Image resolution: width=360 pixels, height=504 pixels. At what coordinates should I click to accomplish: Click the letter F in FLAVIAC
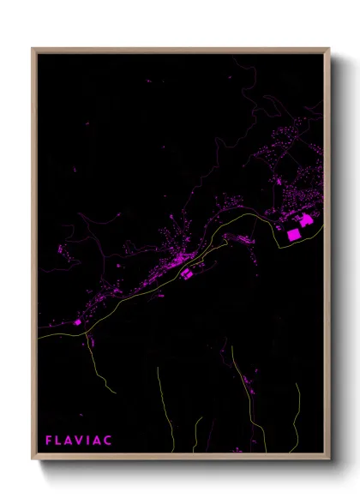pyautogui.click(x=48, y=441)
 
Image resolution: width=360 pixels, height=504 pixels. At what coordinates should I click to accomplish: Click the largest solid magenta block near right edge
pyautogui.click(x=294, y=233)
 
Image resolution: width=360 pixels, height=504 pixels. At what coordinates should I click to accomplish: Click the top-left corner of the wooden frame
pyautogui.click(x=33, y=49)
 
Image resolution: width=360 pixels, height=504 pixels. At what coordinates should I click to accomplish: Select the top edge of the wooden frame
pyautogui.click(x=180, y=49)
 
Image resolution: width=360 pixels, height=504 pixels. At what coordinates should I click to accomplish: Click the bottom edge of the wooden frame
pyautogui.click(x=180, y=459)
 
